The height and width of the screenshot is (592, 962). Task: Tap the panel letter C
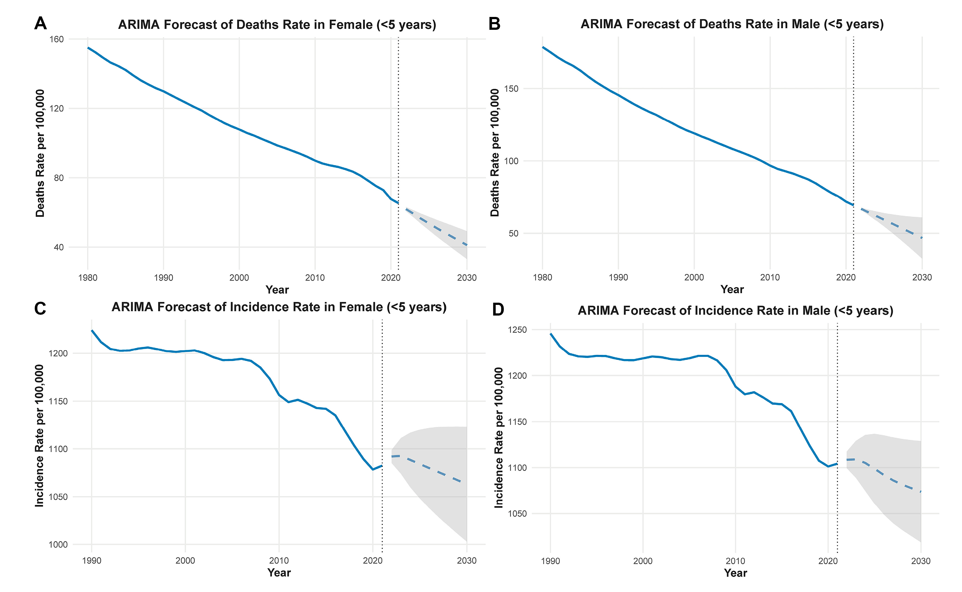[40, 308]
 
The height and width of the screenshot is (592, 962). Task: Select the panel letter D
[498, 310]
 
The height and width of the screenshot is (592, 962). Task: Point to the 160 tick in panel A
[56, 39]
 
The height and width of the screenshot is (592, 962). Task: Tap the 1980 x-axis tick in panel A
[88, 278]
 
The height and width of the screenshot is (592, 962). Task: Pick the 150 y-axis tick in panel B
[511, 89]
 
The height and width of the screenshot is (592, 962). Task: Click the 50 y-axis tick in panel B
[513, 233]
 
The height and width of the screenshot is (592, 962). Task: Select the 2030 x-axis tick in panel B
[922, 277]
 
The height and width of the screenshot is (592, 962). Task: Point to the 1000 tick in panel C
[58, 544]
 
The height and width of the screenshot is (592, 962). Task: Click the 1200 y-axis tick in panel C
[58, 353]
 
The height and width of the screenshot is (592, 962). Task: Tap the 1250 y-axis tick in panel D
[517, 330]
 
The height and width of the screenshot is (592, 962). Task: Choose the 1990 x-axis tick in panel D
[550, 561]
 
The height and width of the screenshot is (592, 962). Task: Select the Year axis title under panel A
[277, 290]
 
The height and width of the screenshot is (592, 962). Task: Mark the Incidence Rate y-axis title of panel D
[499, 438]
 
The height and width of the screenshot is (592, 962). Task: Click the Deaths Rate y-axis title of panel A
[40, 153]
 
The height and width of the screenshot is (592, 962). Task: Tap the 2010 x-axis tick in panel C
[279, 560]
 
